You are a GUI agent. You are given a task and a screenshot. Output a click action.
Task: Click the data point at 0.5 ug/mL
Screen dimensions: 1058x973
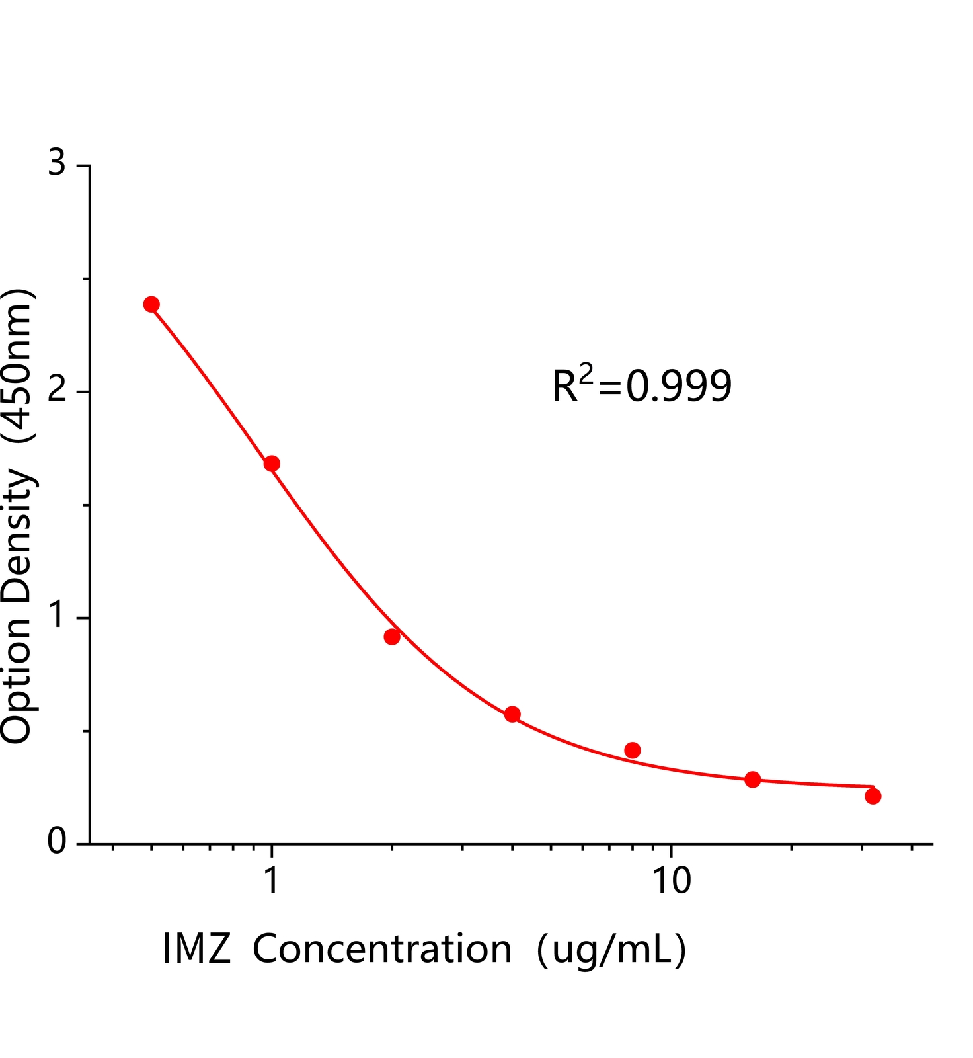coord(151,304)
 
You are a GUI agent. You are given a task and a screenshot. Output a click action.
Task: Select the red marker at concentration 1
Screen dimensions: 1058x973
coord(272,464)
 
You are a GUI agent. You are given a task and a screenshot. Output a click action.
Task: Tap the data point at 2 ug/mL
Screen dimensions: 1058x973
coord(392,637)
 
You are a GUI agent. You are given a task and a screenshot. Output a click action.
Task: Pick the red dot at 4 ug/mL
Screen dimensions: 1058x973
coord(512,714)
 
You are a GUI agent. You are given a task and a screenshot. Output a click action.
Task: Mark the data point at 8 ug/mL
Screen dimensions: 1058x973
coord(633,750)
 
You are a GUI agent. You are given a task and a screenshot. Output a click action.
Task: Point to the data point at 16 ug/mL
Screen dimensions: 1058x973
coord(753,779)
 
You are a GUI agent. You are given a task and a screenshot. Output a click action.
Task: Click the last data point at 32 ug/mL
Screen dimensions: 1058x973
coord(873,796)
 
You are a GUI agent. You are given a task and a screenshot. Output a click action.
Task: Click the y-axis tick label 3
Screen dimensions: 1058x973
coord(58,163)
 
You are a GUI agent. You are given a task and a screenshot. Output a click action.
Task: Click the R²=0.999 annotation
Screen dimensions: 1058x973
coord(642,386)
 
